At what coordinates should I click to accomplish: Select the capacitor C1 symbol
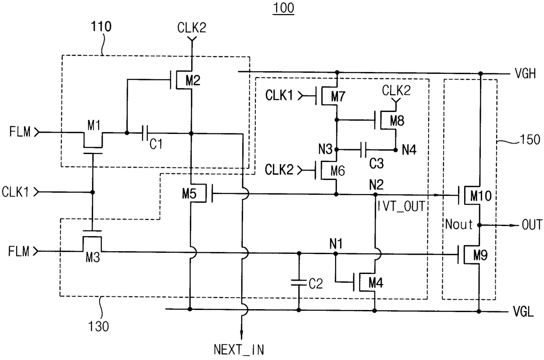pos(145,132)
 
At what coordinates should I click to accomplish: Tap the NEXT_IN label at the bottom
pos(239,349)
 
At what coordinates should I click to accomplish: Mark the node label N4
pos(410,150)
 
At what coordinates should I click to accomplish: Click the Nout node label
pos(458,225)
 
